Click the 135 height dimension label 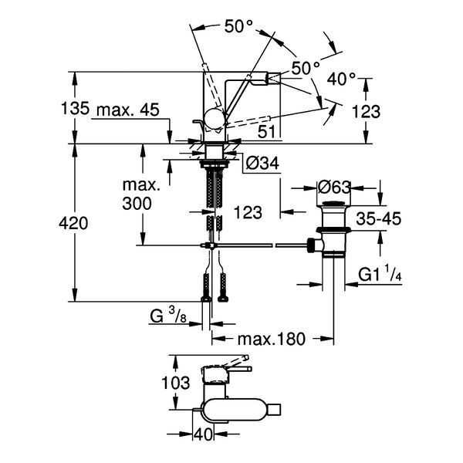[x=75, y=108]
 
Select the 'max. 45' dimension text [x=128, y=110]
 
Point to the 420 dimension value [x=73, y=223]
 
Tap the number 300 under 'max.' [x=137, y=204]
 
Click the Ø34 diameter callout [x=262, y=163]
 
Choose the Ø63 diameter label [x=335, y=187]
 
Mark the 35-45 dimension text [x=379, y=219]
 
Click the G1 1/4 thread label [x=380, y=274]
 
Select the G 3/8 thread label [x=168, y=316]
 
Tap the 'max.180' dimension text [x=271, y=339]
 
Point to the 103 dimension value [x=175, y=383]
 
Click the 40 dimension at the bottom [x=203, y=434]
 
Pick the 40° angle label [x=341, y=79]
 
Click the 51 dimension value [x=266, y=132]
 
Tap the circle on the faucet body [x=215, y=119]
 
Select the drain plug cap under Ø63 [x=333, y=204]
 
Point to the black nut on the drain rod [x=311, y=245]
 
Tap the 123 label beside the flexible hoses [x=248, y=213]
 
